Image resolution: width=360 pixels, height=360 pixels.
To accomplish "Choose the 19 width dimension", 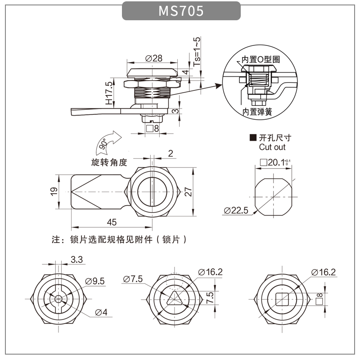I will [x=54, y=191].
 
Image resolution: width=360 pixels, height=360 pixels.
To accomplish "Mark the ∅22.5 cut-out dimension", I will [x=236, y=211].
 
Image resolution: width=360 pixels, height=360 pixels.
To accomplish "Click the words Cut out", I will [x=272, y=147].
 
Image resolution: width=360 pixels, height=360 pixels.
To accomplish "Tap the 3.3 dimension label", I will [x=77, y=259].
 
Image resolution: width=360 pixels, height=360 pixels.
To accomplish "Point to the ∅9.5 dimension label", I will [x=95, y=281].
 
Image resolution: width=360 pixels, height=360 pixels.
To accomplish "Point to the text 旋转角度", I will [x=109, y=162].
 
